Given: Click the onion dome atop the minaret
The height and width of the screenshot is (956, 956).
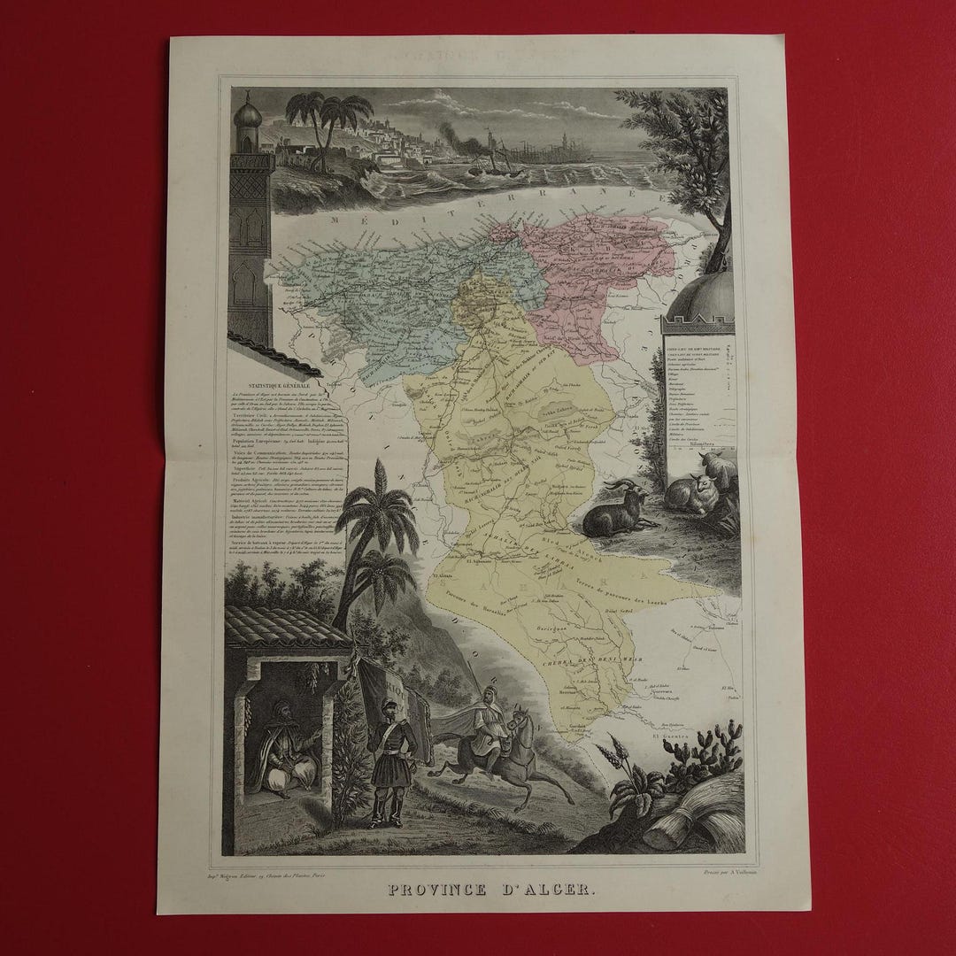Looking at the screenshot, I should click(x=249, y=116).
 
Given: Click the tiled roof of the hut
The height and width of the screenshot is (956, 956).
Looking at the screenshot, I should click(x=283, y=626).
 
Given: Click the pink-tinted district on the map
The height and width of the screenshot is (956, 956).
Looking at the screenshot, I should click(x=593, y=274).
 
